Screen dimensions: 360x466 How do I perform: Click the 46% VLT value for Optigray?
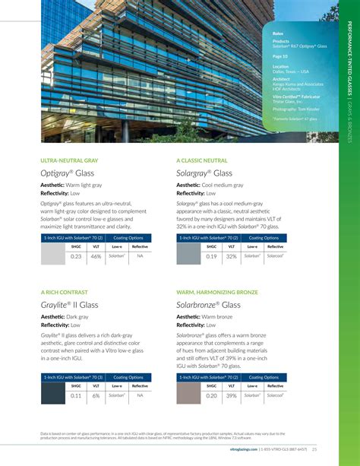click(x=96, y=257)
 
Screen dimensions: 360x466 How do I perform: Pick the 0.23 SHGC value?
click(x=76, y=257)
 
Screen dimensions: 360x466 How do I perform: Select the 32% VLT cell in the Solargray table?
click(x=232, y=257)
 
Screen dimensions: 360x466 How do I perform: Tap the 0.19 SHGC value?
click(x=212, y=257)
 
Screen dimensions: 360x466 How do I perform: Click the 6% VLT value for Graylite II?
click(x=96, y=396)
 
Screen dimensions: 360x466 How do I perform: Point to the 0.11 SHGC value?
click(x=76, y=396)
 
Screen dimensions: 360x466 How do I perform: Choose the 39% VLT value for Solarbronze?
click(x=232, y=396)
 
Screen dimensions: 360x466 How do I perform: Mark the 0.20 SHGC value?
click(x=212, y=396)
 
